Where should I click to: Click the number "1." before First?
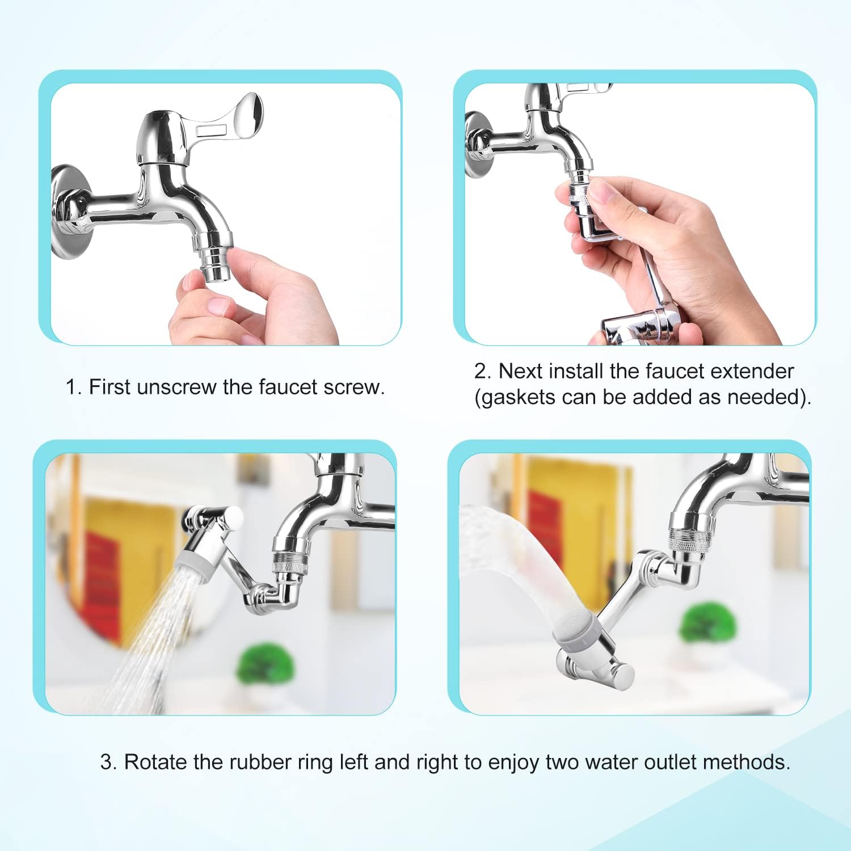(x=74, y=387)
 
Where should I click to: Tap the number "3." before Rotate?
(x=109, y=761)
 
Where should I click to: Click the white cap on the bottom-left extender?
(x=233, y=517)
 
